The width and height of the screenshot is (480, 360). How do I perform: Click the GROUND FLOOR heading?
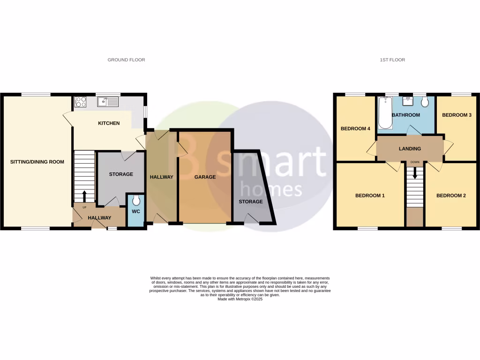(126, 60)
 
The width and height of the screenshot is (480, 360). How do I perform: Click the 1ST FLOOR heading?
(392, 60)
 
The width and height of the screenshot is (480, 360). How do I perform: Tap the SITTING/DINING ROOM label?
(37, 162)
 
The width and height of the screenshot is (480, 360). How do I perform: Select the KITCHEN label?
(109, 123)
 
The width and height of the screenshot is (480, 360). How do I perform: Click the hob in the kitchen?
(80, 101)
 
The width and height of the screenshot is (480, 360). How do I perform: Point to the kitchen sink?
(108, 101)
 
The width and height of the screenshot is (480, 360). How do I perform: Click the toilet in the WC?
(136, 201)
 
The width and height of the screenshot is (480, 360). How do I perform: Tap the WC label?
(136, 211)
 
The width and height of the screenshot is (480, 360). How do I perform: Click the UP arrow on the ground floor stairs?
(84, 195)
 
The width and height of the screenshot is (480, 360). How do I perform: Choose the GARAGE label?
(205, 177)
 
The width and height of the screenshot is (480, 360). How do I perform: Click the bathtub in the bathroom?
(385, 113)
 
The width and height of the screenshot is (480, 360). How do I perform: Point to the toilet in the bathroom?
(425, 103)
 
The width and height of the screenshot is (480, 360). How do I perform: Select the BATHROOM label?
(405, 115)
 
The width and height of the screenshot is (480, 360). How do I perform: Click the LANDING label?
(410, 149)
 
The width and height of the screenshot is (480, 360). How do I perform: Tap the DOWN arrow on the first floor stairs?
(415, 173)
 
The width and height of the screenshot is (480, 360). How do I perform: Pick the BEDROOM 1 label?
(370, 195)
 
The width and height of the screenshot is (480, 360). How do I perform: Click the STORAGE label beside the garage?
(251, 202)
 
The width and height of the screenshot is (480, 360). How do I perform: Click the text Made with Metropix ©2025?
(240, 299)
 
